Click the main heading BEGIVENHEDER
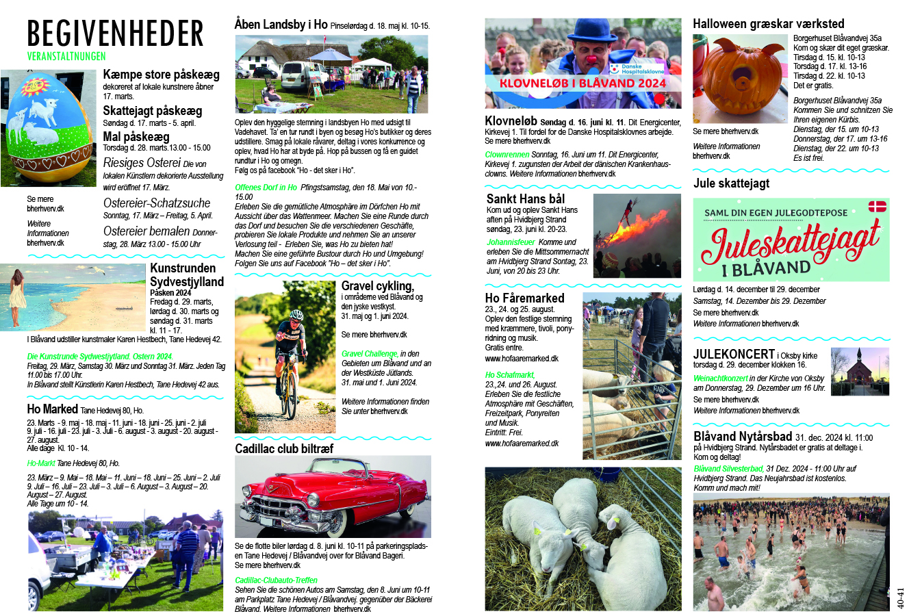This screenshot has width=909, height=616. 115,34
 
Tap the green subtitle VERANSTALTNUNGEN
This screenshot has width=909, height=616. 66,56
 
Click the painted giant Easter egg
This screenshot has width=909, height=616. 48,126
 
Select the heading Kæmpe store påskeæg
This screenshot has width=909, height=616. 161,75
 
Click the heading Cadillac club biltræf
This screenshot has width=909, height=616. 283,448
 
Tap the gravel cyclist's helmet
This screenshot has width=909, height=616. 296,316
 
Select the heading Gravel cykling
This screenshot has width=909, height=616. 377,285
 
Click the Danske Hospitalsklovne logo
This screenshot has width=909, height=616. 637,68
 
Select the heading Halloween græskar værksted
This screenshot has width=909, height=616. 768,24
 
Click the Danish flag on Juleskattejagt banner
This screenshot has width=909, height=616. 877,206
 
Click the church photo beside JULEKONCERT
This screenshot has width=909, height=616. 860,371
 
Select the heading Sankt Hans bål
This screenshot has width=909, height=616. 526,198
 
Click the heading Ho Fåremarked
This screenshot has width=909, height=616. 524,298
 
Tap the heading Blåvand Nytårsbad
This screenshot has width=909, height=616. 742,437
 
